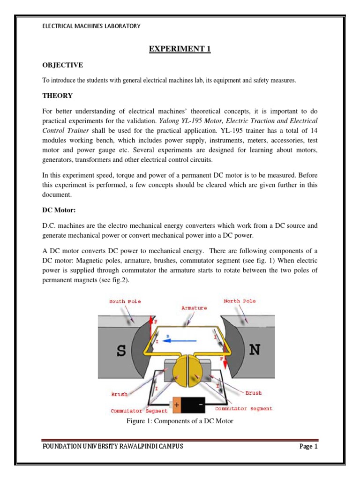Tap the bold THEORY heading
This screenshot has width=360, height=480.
[58, 96]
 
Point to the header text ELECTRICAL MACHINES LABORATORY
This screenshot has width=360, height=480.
[91, 26]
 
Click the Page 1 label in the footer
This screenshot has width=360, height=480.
[308, 446]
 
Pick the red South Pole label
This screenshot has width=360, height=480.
[125, 301]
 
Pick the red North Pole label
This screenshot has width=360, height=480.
[240, 301]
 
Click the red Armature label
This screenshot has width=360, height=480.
[194, 308]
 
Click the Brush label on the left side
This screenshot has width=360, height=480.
[119, 395]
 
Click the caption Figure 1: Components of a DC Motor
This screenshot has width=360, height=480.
[180, 421]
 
